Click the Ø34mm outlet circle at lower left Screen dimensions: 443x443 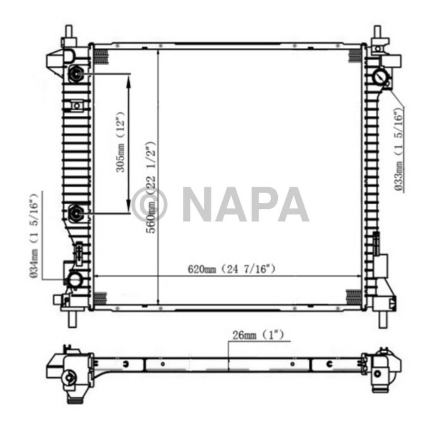tap(75, 278)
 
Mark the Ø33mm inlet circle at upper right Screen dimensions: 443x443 tap(382, 77)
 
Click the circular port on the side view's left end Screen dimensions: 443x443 tap(69, 378)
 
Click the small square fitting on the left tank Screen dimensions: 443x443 tap(77, 105)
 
